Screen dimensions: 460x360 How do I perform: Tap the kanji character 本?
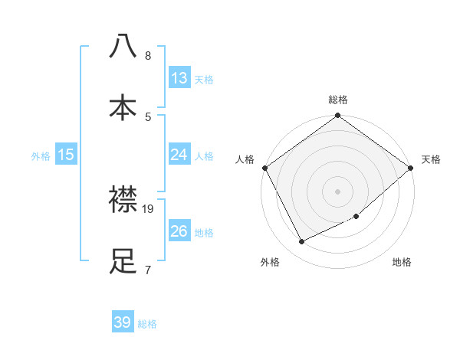coord(123,106)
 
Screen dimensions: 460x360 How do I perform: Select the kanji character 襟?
coord(123,201)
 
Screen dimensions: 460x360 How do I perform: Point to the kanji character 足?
coord(123,261)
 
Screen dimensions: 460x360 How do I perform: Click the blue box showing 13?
coord(179,78)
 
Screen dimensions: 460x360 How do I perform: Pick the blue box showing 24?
coord(179,155)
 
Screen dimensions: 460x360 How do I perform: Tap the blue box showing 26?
coord(179,231)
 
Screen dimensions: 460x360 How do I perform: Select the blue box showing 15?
coord(66,155)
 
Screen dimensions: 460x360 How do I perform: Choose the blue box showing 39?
coord(123,322)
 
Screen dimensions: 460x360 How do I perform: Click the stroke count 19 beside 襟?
coord(149,208)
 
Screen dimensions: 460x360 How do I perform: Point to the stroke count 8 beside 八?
coord(148,56)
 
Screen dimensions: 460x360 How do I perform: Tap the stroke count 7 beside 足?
coord(148,270)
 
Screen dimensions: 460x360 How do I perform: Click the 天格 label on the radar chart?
coord(431,159)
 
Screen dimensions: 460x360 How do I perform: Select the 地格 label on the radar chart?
coord(402,263)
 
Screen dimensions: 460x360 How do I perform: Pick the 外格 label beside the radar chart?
coord(270,263)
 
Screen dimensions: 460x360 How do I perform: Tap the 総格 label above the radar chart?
coord(338,100)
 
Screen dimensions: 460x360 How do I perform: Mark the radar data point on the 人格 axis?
coord(264,168)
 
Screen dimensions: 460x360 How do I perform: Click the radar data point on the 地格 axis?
coord(356,217)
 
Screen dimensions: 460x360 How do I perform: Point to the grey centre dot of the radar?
coord(337,191)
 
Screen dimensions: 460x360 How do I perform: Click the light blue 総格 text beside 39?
coord(147,324)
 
